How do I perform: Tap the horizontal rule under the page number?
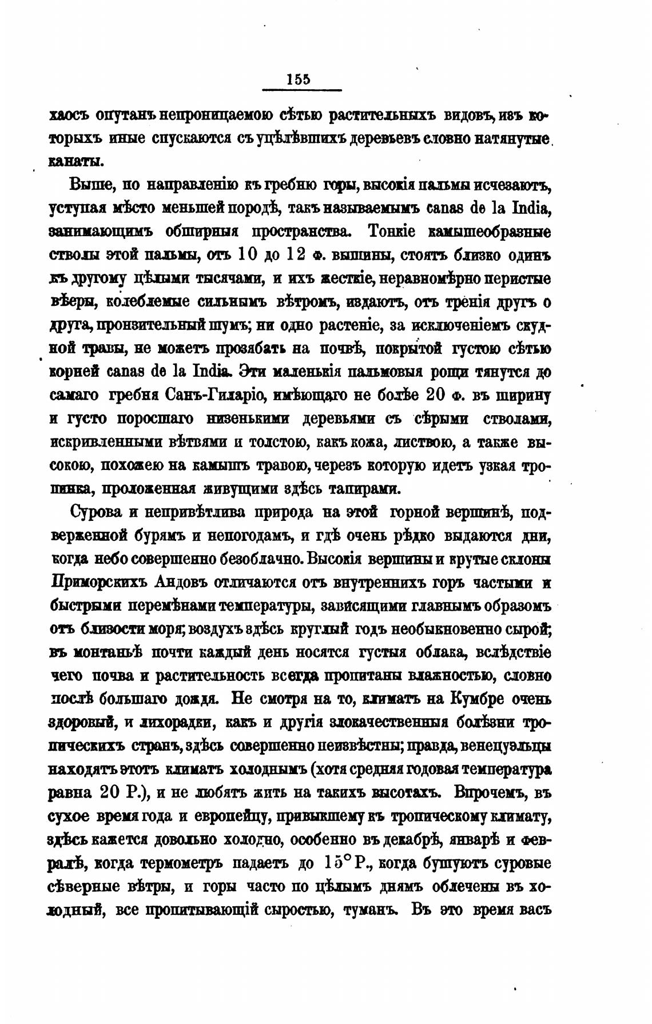click(301, 90)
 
